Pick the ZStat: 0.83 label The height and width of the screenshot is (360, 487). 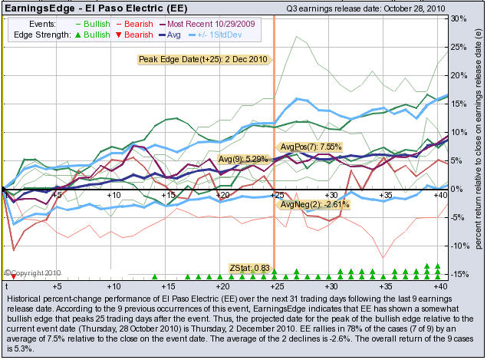pyautogui.click(x=250, y=267)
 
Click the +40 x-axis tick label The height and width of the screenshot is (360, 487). pyautogui.click(x=440, y=196)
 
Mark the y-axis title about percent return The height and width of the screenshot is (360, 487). pyautogui.click(x=478, y=146)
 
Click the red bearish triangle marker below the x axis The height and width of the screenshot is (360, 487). pyautogui.click(x=13, y=276)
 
